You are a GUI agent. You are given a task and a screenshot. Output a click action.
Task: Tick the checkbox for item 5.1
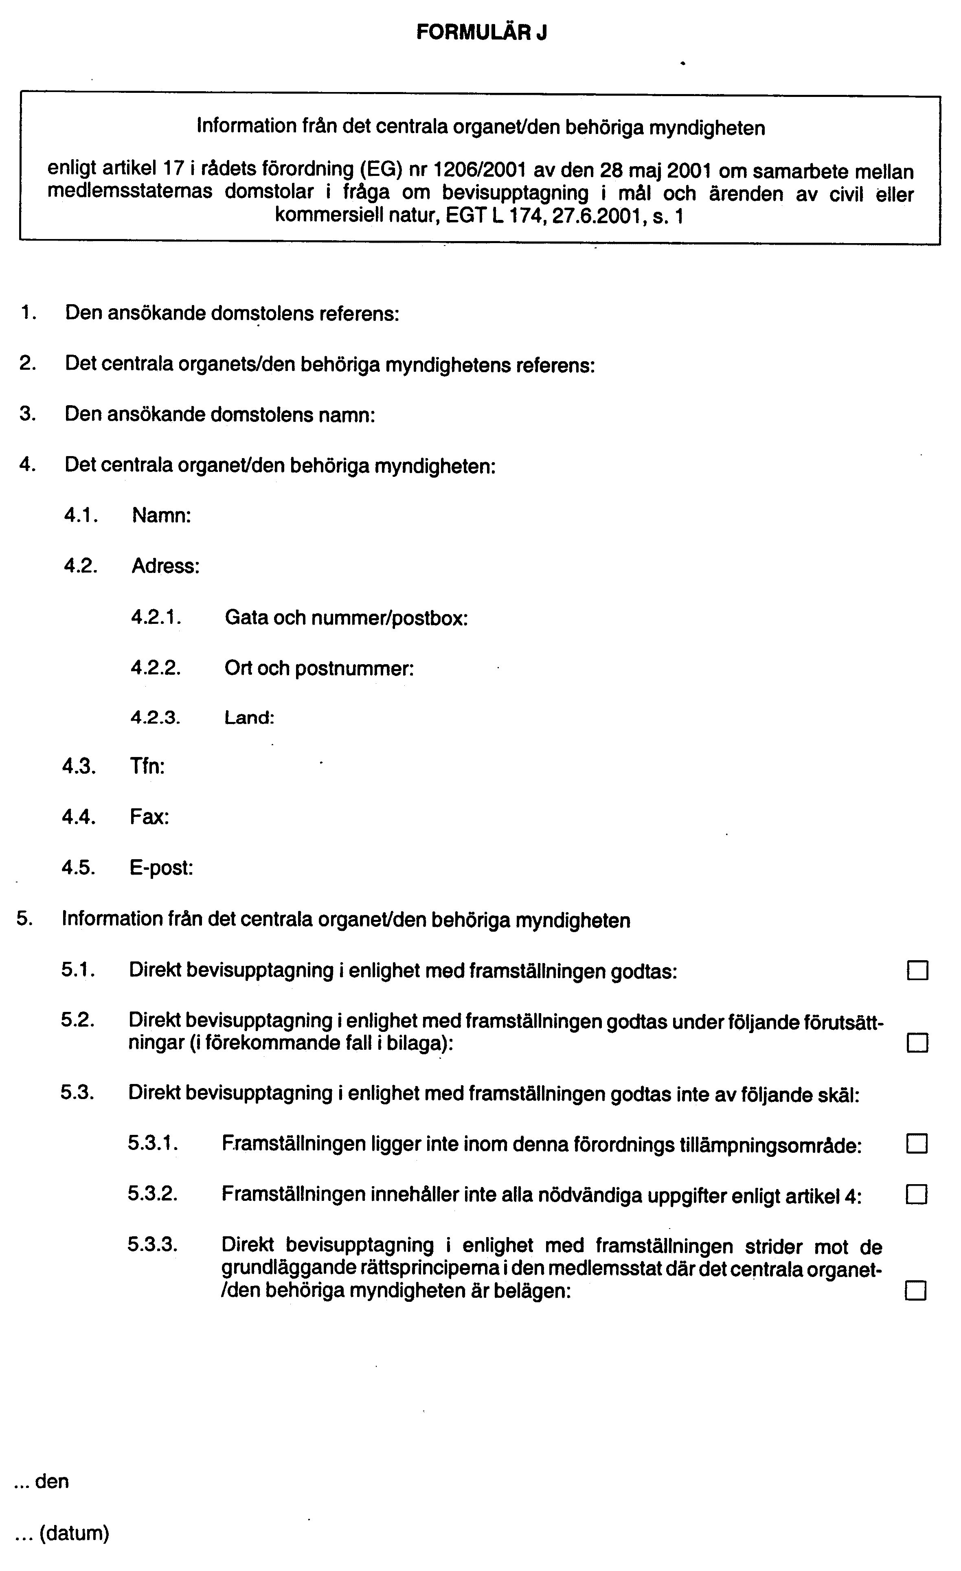(917, 971)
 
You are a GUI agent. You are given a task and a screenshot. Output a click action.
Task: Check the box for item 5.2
(917, 1043)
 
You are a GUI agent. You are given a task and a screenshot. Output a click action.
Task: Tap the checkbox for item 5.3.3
(916, 1292)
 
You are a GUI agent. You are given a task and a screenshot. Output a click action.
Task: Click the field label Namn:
(161, 515)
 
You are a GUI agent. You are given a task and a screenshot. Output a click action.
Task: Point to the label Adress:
(166, 566)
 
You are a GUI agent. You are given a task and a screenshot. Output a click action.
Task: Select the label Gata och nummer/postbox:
(346, 618)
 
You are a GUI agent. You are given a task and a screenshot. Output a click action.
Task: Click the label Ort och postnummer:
(319, 668)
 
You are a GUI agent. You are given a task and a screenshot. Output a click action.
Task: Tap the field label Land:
(249, 718)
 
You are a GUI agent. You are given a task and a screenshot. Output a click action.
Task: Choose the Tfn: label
(147, 766)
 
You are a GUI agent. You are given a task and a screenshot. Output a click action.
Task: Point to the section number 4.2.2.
(156, 668)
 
